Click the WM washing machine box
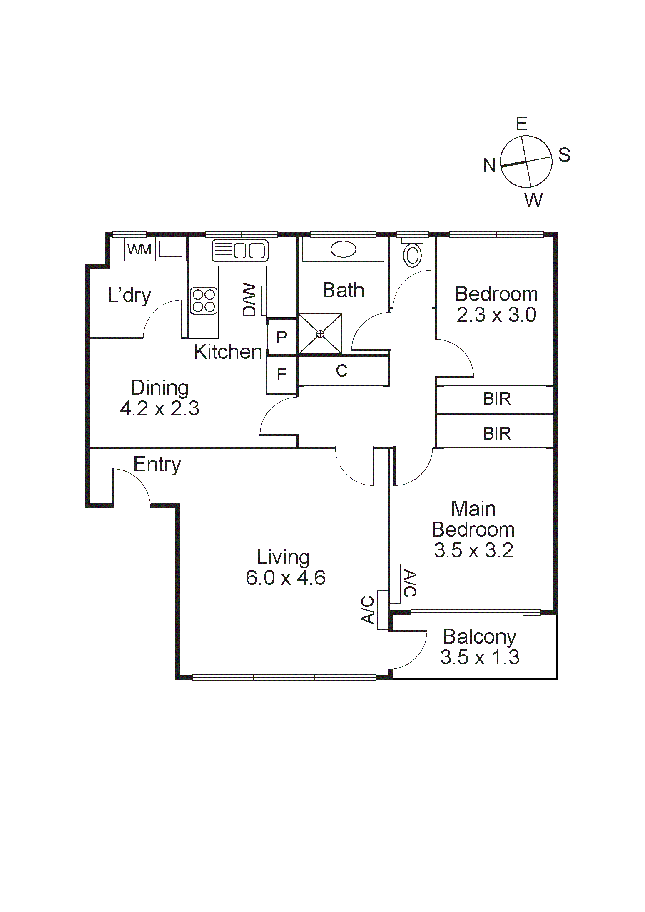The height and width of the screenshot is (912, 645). coord(139,249)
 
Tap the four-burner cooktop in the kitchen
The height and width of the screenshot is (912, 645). coord(204,301)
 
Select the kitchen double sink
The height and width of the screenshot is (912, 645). coord(240,251)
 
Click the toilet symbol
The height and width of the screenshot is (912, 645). coord(413,255)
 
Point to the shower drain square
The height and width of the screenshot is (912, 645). coord(320,334)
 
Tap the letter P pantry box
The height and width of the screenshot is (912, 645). coord(281,337)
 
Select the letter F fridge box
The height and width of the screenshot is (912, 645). coord(281,375)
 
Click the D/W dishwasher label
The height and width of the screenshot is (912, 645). coord(249,300)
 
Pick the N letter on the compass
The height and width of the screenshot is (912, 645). coord(489,166)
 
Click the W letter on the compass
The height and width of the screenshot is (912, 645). coord(533,201)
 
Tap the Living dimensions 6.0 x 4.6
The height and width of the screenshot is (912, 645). coord(286,578)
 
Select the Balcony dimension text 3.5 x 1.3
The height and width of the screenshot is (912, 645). coord(480,657)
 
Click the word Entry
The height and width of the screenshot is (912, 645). coord(157,465)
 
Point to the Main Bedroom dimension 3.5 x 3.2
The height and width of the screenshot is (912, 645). coord(473,550)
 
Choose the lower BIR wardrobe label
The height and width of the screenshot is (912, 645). coord(496,434)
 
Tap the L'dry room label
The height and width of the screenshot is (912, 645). coord(129,296)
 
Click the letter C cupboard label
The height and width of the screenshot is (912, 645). coord(341,370)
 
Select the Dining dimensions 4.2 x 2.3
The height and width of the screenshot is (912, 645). coord(159,408)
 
